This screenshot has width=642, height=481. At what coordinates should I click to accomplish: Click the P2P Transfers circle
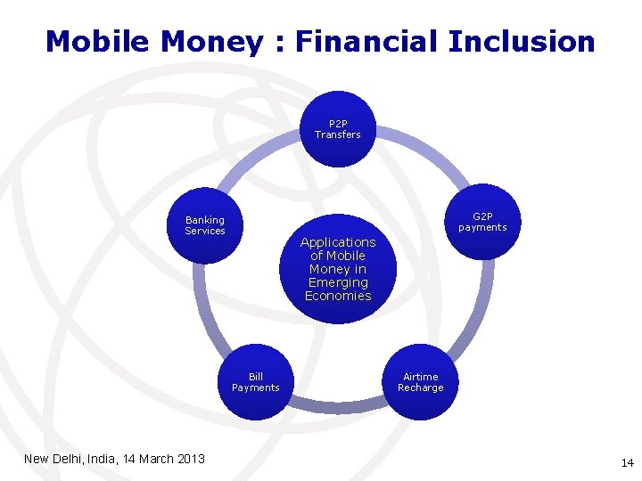click(x=337, y=130)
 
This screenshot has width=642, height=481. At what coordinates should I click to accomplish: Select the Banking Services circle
click(x=205, y=225)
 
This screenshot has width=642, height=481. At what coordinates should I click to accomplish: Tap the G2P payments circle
click(x=482, y=222)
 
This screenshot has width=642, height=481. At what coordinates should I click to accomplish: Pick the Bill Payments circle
click(x=256, y=382)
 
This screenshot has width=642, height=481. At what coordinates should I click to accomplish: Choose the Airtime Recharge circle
click(x=420, y=382)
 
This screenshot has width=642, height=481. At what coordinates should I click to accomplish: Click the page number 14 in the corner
click(x=627, y=462)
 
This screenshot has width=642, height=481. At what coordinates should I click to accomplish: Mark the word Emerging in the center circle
click(x=338, y=282)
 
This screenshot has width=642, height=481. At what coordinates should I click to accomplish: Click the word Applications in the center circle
click(x=338, y=242)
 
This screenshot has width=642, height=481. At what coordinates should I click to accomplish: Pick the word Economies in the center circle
click(x=338, y=296)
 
